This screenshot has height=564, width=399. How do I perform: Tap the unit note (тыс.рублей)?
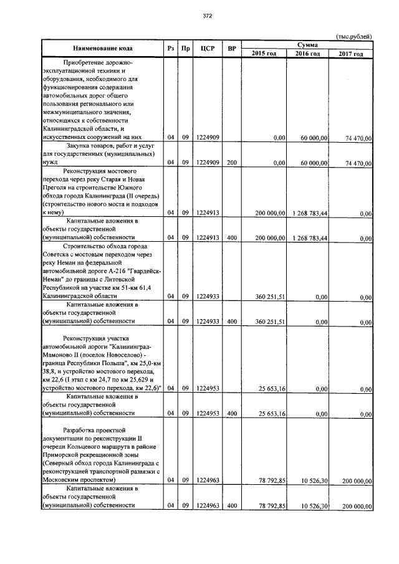(x=353, y=37)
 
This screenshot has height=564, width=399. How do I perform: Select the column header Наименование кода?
(x=102, y=49)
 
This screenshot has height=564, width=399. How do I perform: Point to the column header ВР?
(x=231, y=49)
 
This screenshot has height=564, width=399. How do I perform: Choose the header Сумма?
(x=307, y=45)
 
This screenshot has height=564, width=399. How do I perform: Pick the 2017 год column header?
(x=350, y=54)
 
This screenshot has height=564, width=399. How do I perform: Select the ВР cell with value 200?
(x=231, y=163)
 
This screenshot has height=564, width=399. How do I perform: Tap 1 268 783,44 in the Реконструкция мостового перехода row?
(x=309, y=213)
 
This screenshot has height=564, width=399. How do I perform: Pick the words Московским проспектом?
(x=79, y=480)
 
